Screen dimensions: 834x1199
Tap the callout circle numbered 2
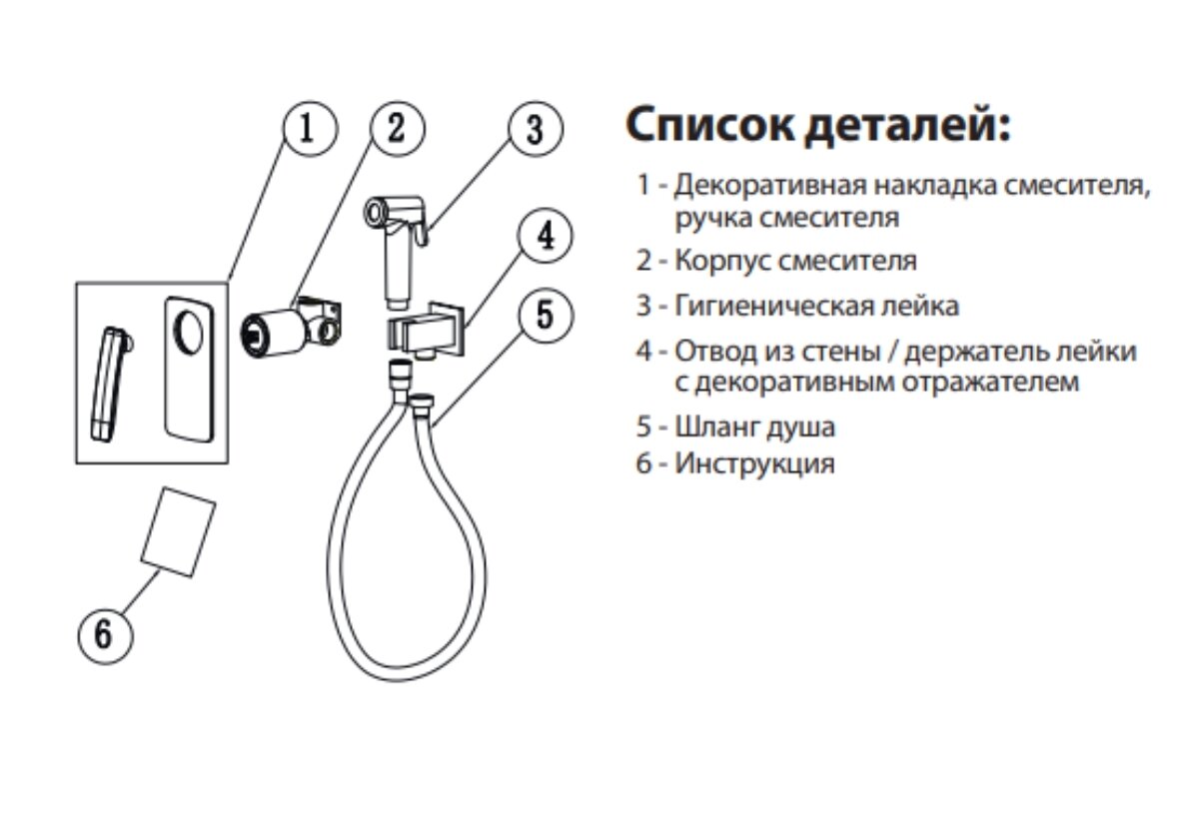397,130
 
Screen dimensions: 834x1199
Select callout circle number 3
535,130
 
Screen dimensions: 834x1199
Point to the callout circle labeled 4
545,237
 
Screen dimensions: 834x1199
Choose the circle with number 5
545,315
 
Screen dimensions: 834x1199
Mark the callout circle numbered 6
105,633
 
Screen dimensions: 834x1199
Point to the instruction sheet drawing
180,529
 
